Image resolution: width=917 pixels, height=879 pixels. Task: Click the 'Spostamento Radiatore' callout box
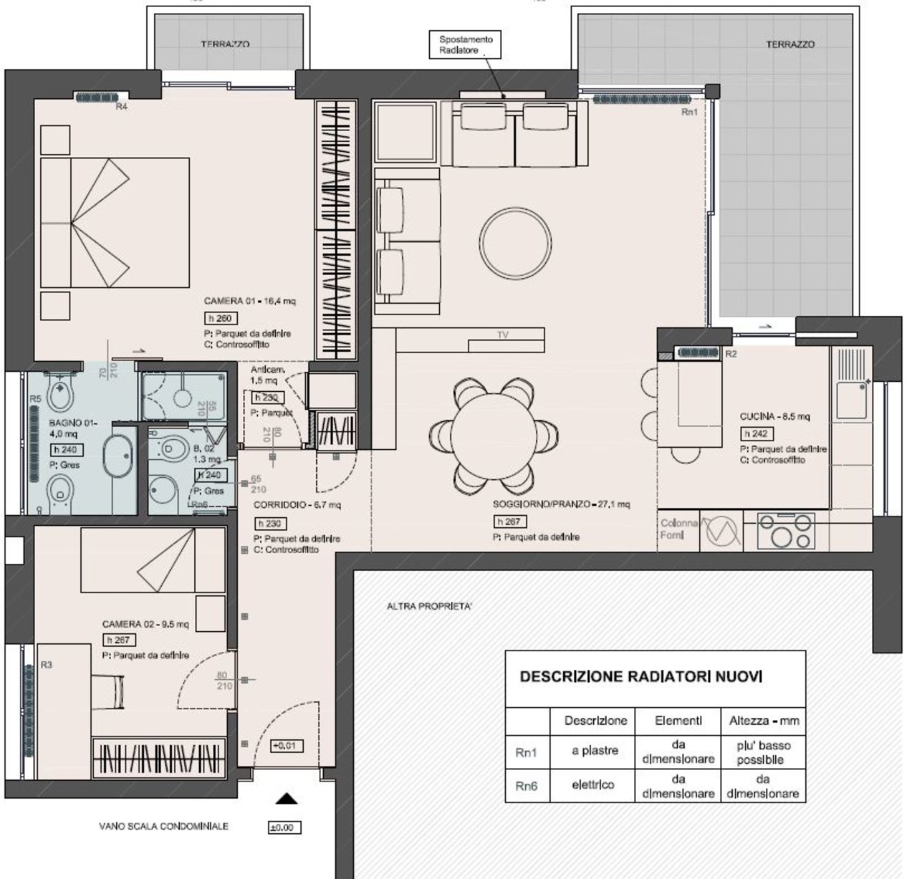tap(466, 45)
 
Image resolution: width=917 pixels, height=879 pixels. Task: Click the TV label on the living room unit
tap(503, 335)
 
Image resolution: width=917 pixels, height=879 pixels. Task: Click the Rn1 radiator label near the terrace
tap(688, 112)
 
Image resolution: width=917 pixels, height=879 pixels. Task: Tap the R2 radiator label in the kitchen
tap(731, 355)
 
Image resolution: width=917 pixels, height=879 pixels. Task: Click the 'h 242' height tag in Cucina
tap(757, 433)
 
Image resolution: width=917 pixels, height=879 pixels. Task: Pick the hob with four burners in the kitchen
tap(786, 530)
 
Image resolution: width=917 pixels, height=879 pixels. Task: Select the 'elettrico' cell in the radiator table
tap(593, 784)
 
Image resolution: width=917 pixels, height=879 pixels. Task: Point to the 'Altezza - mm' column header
tap(764, 720)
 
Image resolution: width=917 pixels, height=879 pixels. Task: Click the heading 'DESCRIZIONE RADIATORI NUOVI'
tap(640, 676)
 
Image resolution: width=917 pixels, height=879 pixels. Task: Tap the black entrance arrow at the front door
tap(287, 799)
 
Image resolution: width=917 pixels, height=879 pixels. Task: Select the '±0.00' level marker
tap(284, 827)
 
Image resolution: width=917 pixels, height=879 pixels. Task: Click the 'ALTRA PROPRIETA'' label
tap(429, 606)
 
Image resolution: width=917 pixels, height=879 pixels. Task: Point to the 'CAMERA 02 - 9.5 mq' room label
tap(145, 624)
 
